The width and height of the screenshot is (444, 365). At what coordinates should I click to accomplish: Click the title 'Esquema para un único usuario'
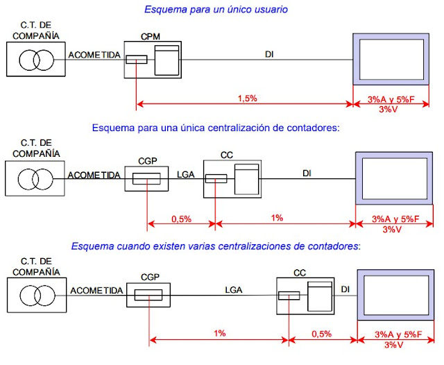[x=216, y=10]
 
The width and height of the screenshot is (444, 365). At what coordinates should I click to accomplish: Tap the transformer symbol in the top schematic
[x=35, y=60]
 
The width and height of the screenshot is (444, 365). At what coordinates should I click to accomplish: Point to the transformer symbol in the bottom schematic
[x=35, y=296]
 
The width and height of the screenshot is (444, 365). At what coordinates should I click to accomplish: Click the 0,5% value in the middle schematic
[x=182, y=219]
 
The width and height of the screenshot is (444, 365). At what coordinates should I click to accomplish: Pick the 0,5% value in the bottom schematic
[x=321, y=334]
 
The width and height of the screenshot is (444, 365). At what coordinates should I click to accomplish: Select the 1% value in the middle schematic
[x=277, y=219]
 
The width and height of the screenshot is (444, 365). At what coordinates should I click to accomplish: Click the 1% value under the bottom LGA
[x=219, y=334]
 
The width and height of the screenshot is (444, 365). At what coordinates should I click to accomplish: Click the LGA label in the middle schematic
[x=186, y=176]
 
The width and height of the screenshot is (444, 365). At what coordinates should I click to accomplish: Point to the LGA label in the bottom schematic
[x=233, y=290]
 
